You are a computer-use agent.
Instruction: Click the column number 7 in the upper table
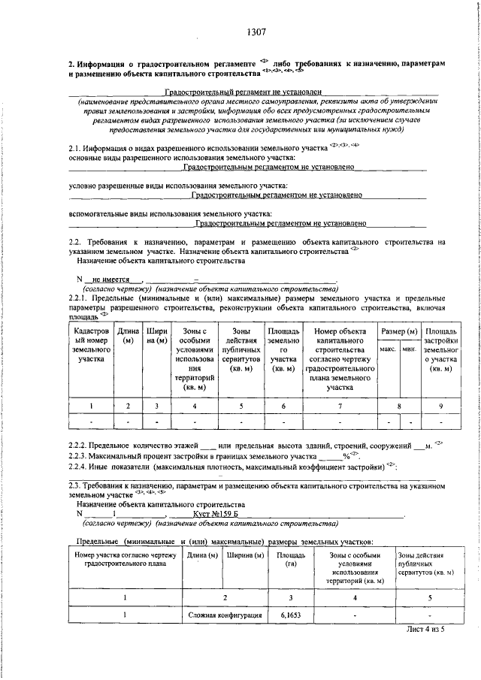340,406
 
